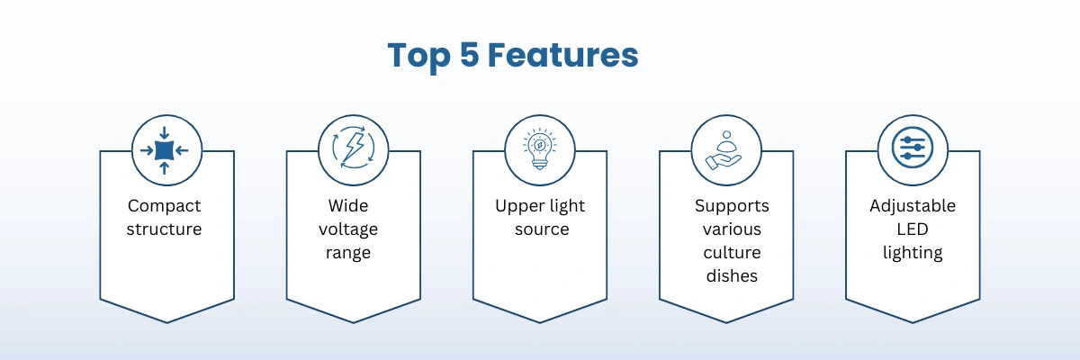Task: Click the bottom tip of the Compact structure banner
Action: click(167, 322)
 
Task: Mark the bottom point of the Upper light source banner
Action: click(540, 322)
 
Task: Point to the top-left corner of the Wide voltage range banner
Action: click(287, 151)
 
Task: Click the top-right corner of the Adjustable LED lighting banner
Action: click(980, 151)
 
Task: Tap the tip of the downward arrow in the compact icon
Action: click(165, 139)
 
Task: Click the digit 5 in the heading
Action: click(470, 55)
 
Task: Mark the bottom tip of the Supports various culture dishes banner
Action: click(726, 322)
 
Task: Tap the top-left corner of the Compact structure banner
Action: click(100, 151)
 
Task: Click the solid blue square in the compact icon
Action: click(165, 150)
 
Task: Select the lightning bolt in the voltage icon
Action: click(354, 148)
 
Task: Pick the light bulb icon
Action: click(540, 148)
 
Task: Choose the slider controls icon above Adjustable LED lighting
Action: click(913, 148)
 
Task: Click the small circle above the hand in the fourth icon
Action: click(727, 135)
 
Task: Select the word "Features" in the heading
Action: click(563, 55)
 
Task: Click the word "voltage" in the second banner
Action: click(348, 229)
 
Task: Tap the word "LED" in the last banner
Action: click(913, 229)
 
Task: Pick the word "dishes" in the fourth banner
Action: click(732, 275)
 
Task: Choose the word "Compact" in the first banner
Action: click(165, 206)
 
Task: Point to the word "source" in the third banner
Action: click(542, 229)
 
